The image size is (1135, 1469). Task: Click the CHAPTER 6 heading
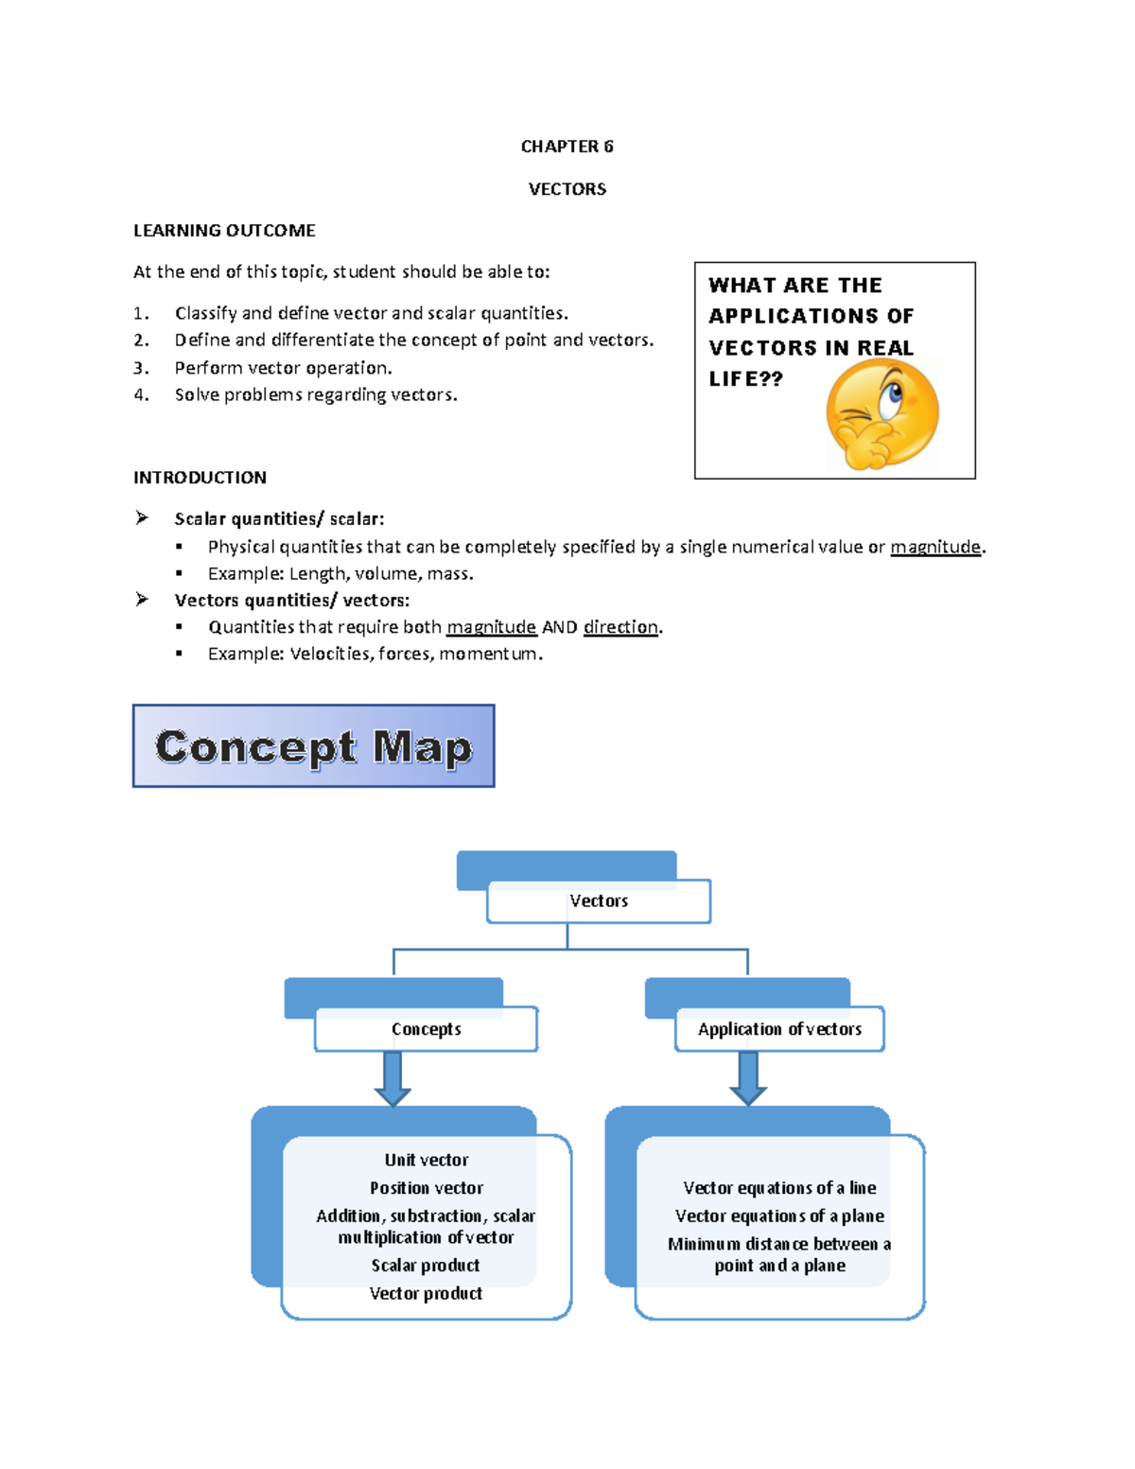[x=567, y=147]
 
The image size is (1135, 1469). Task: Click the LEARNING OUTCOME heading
[x=224, y=231]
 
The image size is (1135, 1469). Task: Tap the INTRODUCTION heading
[x=200, y=478]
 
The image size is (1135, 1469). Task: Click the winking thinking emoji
[x=882, y=415]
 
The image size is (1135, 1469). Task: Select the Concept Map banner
[x=313, y=746]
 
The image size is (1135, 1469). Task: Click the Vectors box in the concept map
[x=599, y=901]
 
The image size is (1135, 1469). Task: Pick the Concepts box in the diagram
[x=427, y=1029]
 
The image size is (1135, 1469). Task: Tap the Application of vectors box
[x=779, y=1029]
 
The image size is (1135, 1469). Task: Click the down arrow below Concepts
[x=393, y=1079]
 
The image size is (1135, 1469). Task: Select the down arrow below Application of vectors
[x=748, y=1079]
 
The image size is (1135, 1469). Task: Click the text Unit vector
[x=427, y=1161]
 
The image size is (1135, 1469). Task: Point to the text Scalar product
[x=426, y=1266]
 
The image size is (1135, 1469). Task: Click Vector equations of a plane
[x=779, y=1216]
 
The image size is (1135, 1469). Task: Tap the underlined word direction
[x=620, y=627]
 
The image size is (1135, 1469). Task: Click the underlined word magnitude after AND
[x=491, y=627]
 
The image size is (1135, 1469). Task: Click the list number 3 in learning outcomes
[x=141, y=368]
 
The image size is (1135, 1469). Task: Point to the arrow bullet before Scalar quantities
[x=142, y=517]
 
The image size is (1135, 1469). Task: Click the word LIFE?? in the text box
[x=745, y=379]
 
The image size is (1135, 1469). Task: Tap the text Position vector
[x=427, y=1188]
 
